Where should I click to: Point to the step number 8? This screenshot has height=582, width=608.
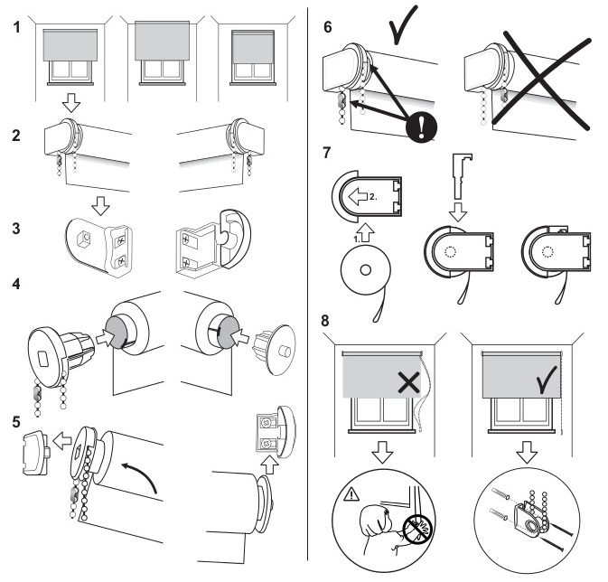[327, 321]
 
